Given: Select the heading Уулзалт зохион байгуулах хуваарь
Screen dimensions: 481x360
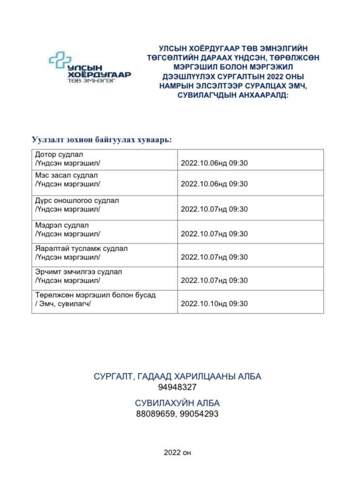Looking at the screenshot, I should [x=102, y=140].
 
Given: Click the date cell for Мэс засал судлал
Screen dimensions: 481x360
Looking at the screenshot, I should [x=214, y=184].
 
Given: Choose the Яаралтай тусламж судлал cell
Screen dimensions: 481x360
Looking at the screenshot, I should [x=81, y=253].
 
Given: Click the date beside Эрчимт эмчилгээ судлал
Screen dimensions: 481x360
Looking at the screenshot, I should [x=214, y=280].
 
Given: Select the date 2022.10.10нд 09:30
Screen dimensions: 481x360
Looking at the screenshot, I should [x=214, y=304].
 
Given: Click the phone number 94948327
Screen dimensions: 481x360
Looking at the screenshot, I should [x=177, y=387].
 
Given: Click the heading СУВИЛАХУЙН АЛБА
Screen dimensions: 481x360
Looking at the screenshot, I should [x=177, y=403].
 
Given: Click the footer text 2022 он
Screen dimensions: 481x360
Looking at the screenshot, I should [x=178, y=453].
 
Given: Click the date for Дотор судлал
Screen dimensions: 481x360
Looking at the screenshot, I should [x=214, y=163].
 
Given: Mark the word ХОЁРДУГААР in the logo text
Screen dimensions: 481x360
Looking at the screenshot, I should [x=99, y=75].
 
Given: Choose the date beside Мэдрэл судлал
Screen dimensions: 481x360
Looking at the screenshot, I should [x=214, y=234].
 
